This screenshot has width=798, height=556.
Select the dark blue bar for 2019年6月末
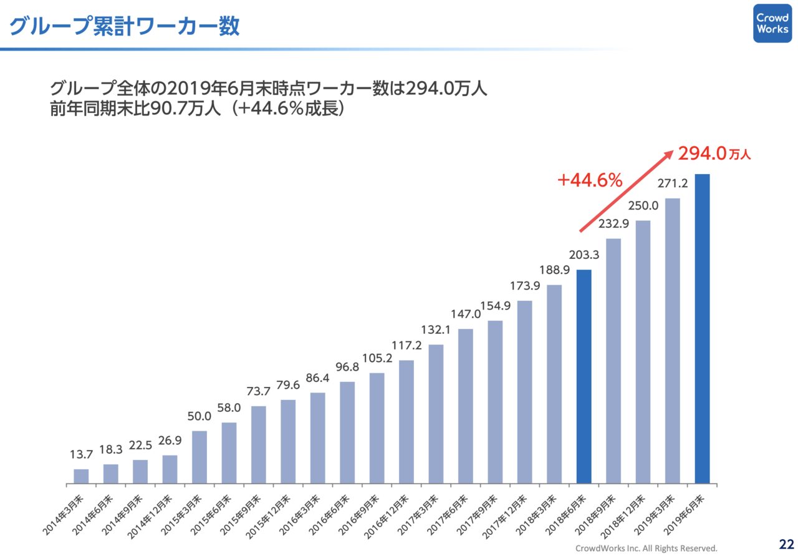pyautogui.click(x=702, y=328)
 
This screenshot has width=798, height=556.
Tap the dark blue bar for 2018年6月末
pyautogui.click(x=584, y=376)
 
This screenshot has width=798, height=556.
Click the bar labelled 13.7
pyautogui.click(x=81, y=476)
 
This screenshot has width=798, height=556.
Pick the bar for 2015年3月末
pyautogui.click(x=199, y=457)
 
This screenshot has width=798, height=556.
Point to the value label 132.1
pyautogui.click(x=436, y=330)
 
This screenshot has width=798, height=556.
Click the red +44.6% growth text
pyautogui.click(x=590, y=181)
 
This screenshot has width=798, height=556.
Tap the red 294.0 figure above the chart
pyautogui.click(x=703, y=154)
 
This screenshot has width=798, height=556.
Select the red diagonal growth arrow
pyautogui.click(x=627, y=190)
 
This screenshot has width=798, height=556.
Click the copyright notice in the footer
pyautogui.click(x=646, y=548)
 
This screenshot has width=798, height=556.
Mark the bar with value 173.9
pyautogui.click(x=524, y=392)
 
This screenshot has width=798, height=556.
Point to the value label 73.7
pyautogui.click(x=259, y=392)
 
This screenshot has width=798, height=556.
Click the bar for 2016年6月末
pyautogui.click(x=347, y=432)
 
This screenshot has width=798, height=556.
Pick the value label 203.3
pyautogui.click(x=584, y=255)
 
